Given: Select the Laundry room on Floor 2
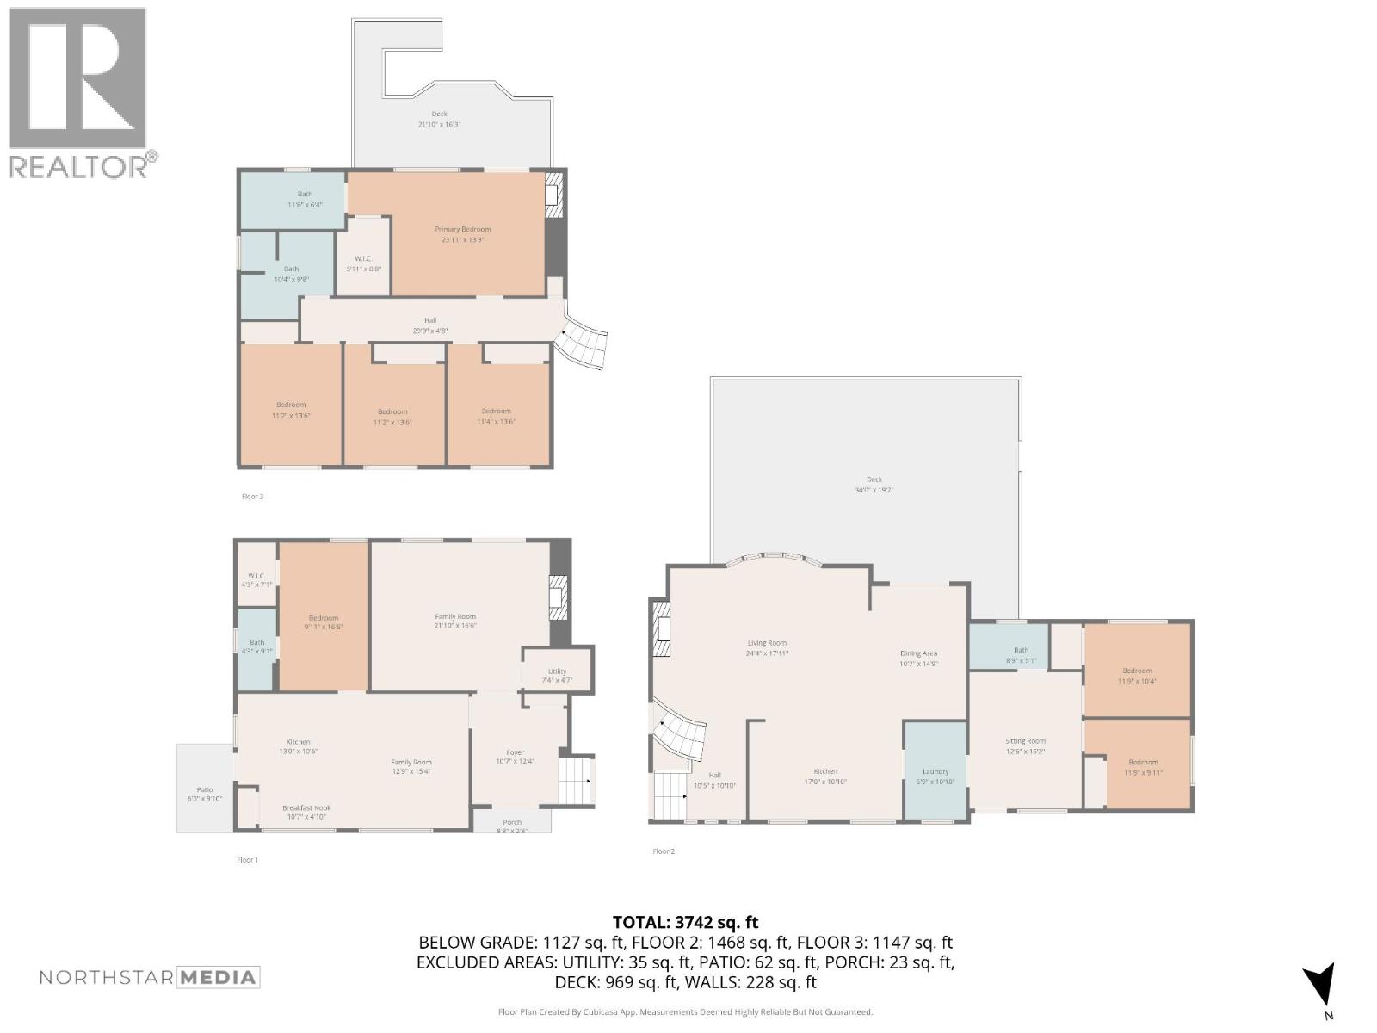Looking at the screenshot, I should (935, 772).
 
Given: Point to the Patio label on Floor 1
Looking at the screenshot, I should (205, 789).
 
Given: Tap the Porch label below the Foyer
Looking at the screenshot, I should (512, 822).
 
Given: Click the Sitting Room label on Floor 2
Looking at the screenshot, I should (1025, 741).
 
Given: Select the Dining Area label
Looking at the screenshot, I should (918, 653).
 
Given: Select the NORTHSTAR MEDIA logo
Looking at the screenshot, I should (150, 977).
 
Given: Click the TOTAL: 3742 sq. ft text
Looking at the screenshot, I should (685, 923).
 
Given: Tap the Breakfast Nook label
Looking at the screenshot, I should (306, 807).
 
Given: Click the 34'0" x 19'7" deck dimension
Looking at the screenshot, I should (874, 490).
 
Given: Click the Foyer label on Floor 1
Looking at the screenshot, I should (515, 752).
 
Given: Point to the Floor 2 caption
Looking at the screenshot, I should (664, 851).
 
